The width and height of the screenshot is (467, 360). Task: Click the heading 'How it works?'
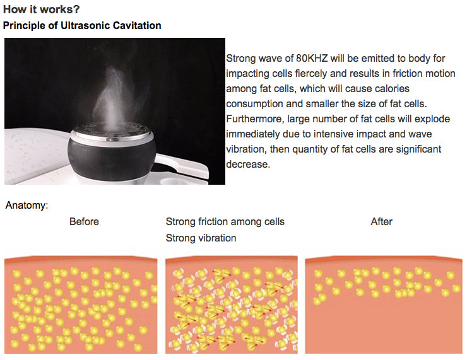tap(42, 10)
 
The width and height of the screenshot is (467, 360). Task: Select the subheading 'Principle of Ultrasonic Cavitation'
tap(82, 26)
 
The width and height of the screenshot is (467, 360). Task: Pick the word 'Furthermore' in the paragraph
tap(254, 119)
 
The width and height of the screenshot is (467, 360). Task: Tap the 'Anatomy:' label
tap(27, 206)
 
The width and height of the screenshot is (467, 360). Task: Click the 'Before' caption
tap(84, 222)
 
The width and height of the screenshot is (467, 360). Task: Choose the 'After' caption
tap(381, 222)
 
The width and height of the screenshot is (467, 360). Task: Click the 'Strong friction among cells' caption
tap(225, 222)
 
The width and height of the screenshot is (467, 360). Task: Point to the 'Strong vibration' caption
tap(201, 238)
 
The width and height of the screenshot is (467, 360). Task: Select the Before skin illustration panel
tap(81, 305)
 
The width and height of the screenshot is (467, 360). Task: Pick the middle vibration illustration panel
tap(232, 305)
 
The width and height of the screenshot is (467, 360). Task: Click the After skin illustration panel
tap(384, 305)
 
